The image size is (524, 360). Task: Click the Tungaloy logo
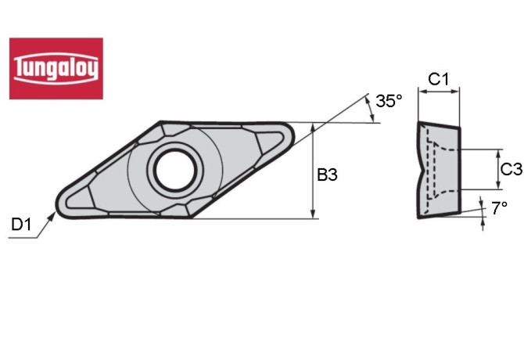click(56, 68)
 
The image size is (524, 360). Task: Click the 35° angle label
click(388, 101)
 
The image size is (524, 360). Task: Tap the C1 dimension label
click(438, 79)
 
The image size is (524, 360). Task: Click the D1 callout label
click(21, 225)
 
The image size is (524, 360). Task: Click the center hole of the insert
click(174, 168)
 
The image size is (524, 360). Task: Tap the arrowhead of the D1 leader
click(54, 213)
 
